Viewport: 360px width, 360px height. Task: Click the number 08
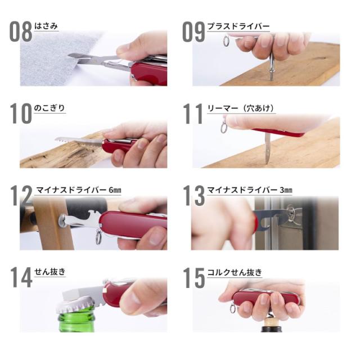click(x=21, y=32)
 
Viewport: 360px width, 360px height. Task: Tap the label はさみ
click(x=46, y=26)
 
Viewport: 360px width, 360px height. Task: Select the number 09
click(x=193, y=32)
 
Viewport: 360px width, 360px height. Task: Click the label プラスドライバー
click(x=238, y=26)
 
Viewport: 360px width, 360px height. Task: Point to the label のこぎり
click(x=50, y=107)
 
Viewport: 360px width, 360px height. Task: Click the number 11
click(x=193, y=114)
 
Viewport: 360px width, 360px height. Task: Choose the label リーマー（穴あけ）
click(x=241, y=107)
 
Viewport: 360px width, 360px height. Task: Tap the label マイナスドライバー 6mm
click(x=78, y=190)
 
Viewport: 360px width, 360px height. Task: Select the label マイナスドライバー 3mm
click(x=250, y=190)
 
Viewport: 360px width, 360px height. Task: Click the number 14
click(x=21, y=277)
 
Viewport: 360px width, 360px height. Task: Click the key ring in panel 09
click(x=226, y=41)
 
